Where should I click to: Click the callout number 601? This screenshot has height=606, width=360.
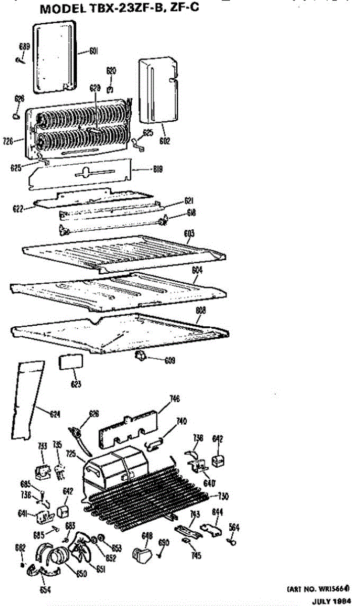click(93, 50)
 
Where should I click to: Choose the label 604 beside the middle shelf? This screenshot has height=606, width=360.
click(197, 271)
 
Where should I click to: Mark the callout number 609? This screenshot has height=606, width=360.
click(170, 361)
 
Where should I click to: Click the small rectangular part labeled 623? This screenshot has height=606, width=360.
click(71, 364)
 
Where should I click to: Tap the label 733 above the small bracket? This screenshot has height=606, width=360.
click(42, 446)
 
